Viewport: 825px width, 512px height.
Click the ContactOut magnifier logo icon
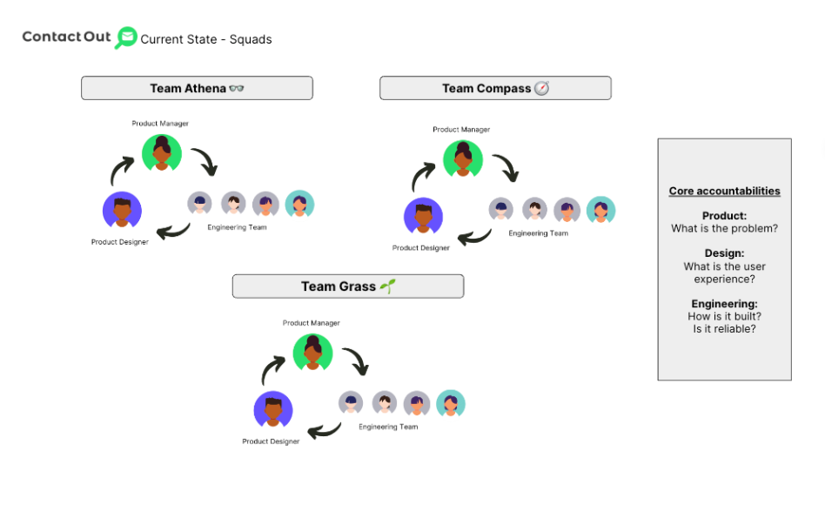click(x=126, y=37)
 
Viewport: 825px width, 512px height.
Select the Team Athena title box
click(x=197, y=88)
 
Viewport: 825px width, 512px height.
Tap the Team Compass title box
click(x=495, y=88)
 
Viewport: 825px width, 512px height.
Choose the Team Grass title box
click(x=347, y=286)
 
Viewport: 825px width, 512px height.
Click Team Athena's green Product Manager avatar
click(x=161, y=152)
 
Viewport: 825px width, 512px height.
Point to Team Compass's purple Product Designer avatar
click(x=423, y=217)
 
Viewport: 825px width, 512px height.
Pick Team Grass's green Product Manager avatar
click(x=312, y=352)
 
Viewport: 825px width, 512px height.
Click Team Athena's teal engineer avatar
click(x=299, y=204)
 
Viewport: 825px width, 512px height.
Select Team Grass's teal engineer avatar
click(x=451, y=403)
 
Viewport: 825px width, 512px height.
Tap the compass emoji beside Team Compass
click(x=541, y=88)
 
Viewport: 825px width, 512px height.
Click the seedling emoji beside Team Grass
click(x=387, y=286)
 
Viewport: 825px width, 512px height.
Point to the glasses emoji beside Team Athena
click(x=236, y=89)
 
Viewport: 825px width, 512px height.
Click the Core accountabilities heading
click(x=724, y=192)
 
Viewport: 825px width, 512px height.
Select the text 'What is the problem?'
click(x=724, y=229)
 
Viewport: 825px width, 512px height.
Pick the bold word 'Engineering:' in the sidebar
click(x=724, y=304)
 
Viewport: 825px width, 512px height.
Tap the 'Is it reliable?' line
click(x=724, y=329)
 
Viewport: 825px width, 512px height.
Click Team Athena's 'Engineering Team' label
click(x=237, y=227)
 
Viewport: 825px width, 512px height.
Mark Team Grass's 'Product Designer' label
click(x=271, y=441)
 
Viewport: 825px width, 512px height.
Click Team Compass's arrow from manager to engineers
click(x=505, y=167)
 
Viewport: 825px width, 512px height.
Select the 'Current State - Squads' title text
click(x=206, y=39)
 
